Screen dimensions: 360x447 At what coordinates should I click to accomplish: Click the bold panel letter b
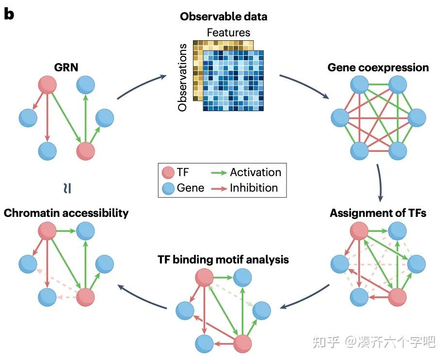9,14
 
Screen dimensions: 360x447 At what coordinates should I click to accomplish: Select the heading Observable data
223,16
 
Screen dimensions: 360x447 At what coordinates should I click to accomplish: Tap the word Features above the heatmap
228,33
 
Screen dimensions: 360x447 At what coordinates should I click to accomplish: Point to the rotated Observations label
183,78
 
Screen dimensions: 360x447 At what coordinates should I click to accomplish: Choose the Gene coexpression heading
378,67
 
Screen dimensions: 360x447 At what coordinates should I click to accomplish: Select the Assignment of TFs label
378,213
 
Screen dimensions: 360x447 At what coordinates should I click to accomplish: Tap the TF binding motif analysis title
223,260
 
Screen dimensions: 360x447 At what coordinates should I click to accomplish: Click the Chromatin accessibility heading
66,213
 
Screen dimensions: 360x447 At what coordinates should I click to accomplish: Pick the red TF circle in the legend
168,173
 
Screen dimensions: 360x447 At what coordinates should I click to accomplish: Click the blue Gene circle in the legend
168,188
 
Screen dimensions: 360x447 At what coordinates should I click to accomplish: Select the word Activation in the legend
255,172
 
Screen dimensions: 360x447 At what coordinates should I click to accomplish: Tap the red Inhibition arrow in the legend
220,188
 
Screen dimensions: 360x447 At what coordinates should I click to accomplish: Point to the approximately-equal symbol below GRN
68,188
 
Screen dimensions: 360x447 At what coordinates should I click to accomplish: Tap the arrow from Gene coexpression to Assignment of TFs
380,181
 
